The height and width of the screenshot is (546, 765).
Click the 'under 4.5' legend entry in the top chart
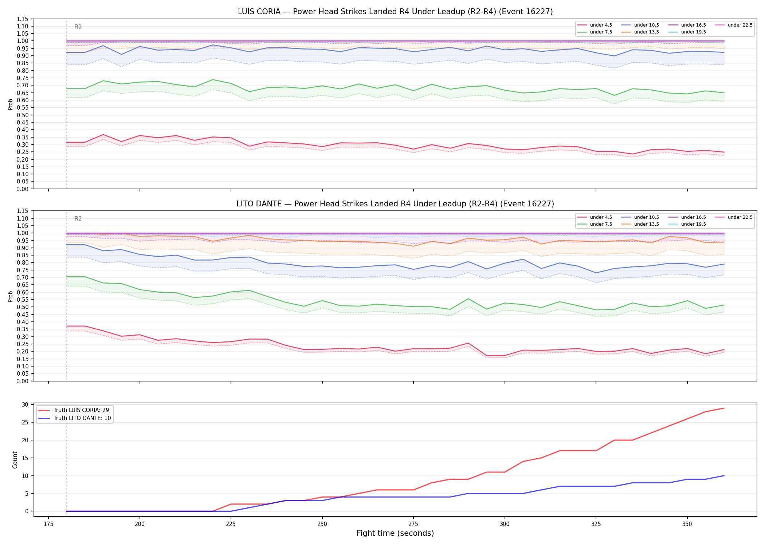(x=595, y=25)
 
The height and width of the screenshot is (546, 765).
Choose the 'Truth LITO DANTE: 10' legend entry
(x=74, y=418)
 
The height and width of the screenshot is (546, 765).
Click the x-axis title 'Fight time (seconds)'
(x=395, y=533)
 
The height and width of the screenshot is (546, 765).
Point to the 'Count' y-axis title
(x=15, y=460)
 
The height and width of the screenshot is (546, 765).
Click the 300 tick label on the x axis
(x=505, y=524)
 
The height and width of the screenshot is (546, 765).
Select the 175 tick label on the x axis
(x=48, y=524)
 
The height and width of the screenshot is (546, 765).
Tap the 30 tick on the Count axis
(x=25, y=404)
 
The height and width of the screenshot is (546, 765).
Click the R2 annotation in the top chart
(x=78, y=27)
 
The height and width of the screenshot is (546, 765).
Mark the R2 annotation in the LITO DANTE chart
(x=78, y=219)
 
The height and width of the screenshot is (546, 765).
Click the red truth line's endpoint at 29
(x=724, y=408)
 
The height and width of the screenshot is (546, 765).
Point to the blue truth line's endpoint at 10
(x=724, y=476)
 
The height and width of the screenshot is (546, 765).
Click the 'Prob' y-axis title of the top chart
(x=11, y=104)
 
